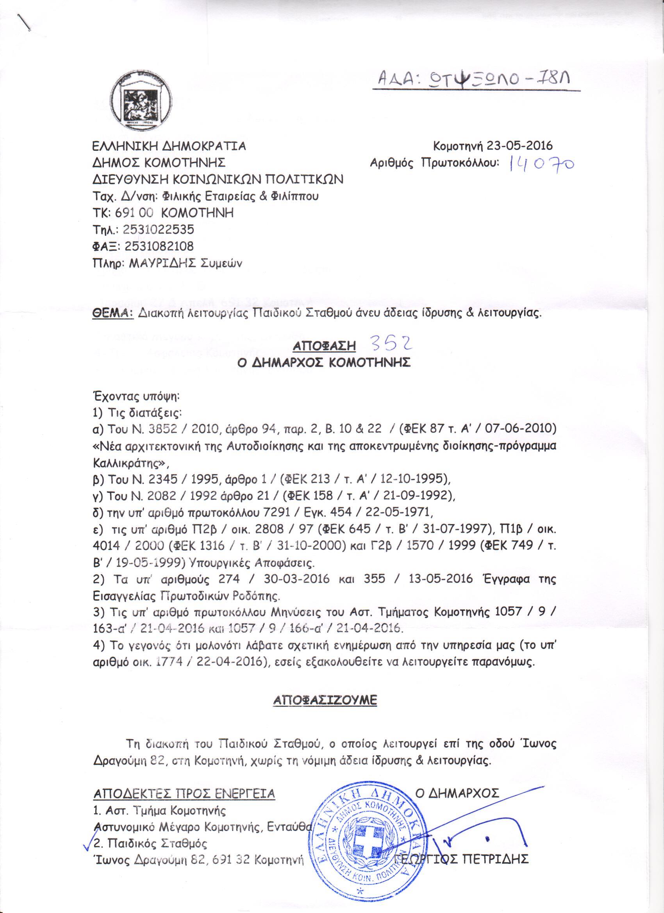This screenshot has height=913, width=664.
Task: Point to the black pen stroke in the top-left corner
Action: (x=25, y=22)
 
